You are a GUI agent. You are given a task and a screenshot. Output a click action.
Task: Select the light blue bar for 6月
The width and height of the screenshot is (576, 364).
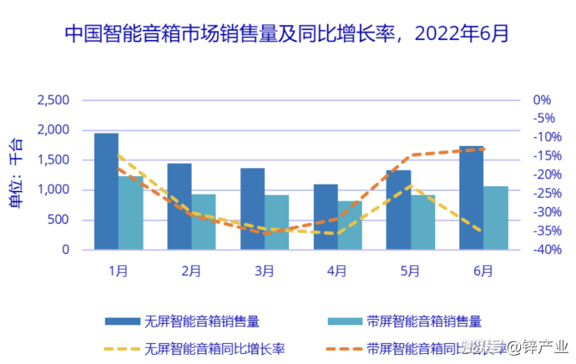(496, 218)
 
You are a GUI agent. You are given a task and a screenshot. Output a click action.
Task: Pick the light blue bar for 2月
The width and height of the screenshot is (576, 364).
(204, 222)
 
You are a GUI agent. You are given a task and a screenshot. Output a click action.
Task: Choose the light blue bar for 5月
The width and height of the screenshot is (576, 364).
(423, 222)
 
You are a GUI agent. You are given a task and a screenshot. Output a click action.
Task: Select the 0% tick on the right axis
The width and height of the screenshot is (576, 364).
(543, 100)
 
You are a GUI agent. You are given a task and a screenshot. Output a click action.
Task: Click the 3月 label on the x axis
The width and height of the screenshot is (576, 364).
(265, 270)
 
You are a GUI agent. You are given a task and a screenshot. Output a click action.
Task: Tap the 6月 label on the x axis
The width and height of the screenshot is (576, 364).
(483, 270)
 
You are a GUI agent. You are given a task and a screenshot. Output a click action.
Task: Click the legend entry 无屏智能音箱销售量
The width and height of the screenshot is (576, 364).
(201, 321)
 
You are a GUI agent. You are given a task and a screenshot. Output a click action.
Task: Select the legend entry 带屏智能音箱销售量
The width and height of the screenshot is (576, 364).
(424, 321)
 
